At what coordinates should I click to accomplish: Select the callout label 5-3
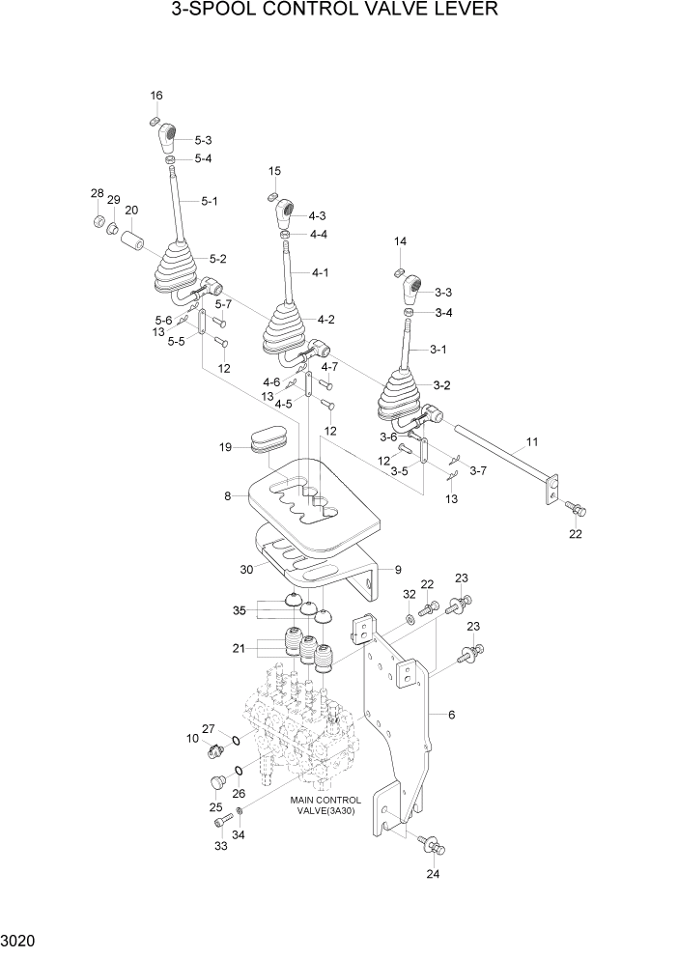(203, 140)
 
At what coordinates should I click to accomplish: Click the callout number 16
(156, 95)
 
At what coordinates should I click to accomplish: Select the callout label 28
(97, 194)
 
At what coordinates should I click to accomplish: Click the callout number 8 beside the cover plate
(228, 496)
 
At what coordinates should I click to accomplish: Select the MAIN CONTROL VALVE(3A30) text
(325, 805)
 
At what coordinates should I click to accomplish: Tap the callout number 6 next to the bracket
(451, 715)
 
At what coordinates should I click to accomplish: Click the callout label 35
(239, 610)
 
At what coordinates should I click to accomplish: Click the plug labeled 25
(216, 784)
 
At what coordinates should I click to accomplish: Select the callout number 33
(220, 846)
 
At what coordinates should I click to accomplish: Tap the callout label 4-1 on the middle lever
(321, 273)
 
